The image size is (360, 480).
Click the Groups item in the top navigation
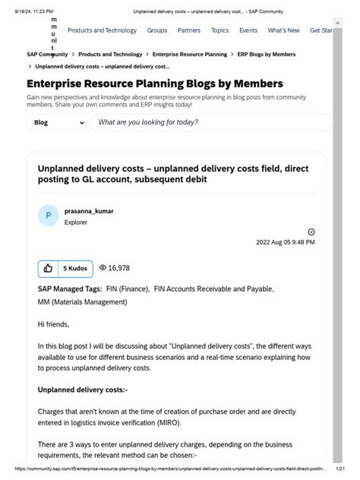157,30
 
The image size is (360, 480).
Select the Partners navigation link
189,30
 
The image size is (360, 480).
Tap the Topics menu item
219,30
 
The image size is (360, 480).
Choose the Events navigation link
248,30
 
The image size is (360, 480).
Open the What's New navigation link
283,30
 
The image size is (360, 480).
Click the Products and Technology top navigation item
102,30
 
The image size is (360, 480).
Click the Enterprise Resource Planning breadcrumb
189,55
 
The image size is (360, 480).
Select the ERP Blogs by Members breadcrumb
267,55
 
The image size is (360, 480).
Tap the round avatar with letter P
48,216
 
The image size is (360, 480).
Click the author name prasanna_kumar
89,210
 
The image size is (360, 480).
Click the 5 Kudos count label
75,268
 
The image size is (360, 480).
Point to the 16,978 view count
115,268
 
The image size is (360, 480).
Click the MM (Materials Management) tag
82,302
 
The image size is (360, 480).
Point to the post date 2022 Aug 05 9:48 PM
285,242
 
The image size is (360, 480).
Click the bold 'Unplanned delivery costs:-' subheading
82,390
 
